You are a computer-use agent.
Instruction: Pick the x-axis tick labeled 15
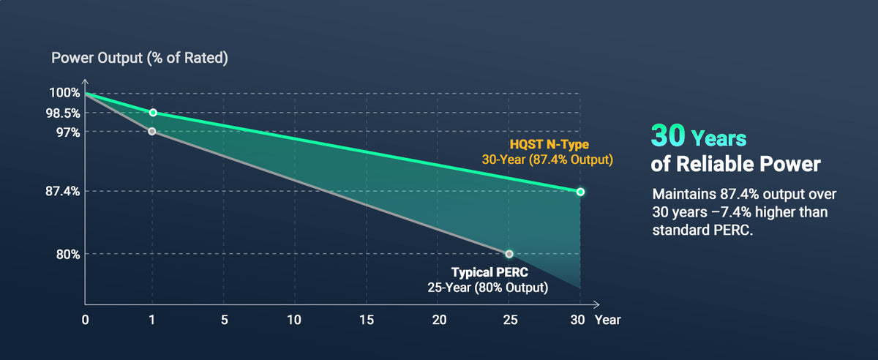coord(367,320)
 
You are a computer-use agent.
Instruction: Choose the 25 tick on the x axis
coord(510,320)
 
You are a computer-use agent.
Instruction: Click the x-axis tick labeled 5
coord(224,320)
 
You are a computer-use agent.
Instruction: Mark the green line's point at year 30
coord(580,192)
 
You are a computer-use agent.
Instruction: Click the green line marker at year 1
coord(152,113)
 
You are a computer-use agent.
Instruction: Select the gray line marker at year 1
coord(151,131)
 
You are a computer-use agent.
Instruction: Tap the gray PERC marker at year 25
coord(509,254)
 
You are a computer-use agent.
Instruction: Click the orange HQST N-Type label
coord(549,144)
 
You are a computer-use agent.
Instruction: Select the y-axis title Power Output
coord(139,59)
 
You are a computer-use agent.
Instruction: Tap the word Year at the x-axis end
coord(607,320)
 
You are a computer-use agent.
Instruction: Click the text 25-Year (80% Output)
coord(488,288)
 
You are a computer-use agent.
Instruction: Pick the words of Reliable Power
coord(735,165)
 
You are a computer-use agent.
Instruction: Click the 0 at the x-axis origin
coord(86,320)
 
